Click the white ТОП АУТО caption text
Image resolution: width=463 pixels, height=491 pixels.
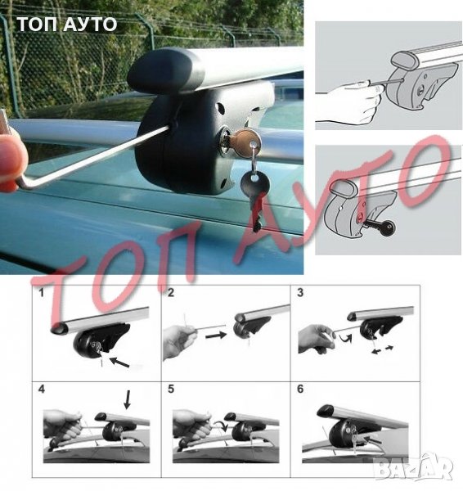(x=67, y=25)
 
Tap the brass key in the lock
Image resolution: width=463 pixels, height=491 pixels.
(x=245, y=142)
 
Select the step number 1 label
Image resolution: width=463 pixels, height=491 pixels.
(x=41, y=293)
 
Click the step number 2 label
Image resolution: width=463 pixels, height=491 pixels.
(x=171, y=293)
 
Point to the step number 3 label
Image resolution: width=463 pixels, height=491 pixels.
(x=300, y=293)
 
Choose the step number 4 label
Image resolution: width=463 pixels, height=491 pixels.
(x=42, y=389)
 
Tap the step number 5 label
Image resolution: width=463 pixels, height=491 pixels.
(x=171, y=389)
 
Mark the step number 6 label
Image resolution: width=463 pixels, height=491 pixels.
(x=300, y=389)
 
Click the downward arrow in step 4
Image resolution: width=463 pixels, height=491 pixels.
(x=127, y=399)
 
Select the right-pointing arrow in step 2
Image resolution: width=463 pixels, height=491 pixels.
(x=216, y=336)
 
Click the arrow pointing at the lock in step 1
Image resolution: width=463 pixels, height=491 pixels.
(x=119, y=362)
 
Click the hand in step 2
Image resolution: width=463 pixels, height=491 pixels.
(x=179, y=341)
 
